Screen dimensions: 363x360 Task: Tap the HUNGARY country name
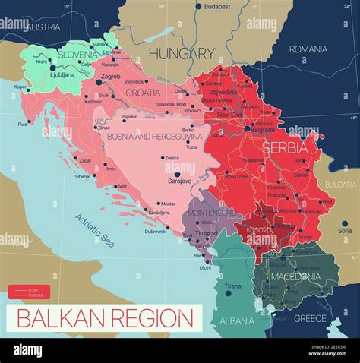[x=182, y=53]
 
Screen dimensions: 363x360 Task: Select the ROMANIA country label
[x=308, y=49]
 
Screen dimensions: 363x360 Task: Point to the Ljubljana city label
[x=62, y=75]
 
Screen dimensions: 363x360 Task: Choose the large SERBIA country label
[x=284, y=147]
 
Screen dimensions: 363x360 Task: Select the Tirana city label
[x=233, y=286]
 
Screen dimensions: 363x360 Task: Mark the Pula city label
[x=21, y=124]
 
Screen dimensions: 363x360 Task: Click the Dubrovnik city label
[x=155, y=231]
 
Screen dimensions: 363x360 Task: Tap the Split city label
[x=122, y=186]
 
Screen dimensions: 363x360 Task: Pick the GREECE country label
[x=310, y=318]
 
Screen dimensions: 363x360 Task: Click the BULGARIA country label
[x=340, y=185]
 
